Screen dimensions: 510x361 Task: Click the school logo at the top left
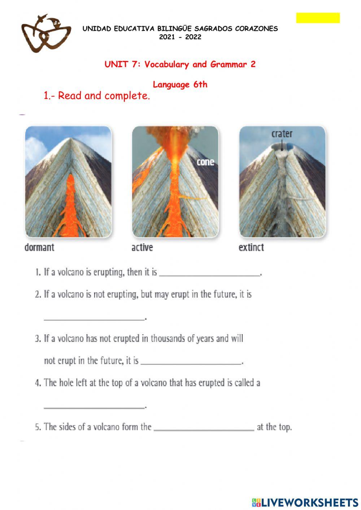tap(46, 34)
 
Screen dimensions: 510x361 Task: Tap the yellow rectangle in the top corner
tap(318, 18)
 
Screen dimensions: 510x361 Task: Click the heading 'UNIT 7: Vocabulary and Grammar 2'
tap(180, 65)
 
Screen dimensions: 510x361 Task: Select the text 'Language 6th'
tap(180, 85)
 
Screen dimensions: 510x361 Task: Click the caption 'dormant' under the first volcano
tap(39, 248)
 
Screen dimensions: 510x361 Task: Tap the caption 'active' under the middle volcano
tap(142, 248)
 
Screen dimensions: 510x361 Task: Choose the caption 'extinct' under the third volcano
tap(251, 248)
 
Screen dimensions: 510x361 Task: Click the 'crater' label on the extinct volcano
tap(282, 134)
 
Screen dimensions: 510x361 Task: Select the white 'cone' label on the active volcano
tap(205, 162)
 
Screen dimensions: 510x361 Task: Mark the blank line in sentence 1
tap(209, 274)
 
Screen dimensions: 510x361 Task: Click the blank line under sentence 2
tap(94, 319)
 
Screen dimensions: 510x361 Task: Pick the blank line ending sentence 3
tap(191, 363)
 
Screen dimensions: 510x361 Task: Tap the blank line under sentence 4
tap(94, 407)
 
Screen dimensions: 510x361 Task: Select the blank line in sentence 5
tap(204, 430)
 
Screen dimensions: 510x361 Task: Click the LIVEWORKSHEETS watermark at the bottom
tap(305, 502)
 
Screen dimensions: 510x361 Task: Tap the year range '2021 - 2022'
tap(180, 37)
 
